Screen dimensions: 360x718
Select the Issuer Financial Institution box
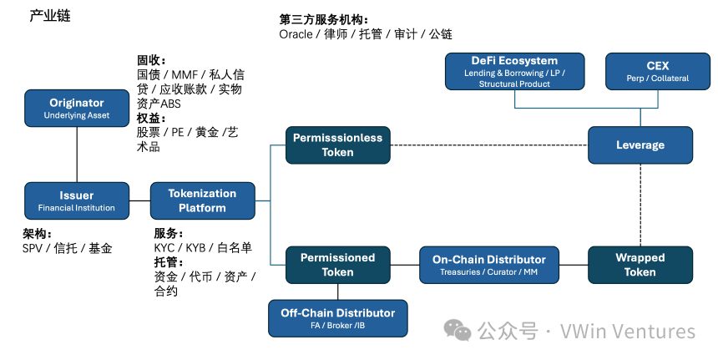[x=77, y=201]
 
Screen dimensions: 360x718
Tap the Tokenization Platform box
[x=202, y=200]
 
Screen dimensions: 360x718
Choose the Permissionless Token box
[x=337, y=145]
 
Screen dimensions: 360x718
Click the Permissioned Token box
[x=337, y=265]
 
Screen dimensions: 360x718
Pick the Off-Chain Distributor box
[x=337, y=317]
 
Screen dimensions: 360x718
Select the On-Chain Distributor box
[x=488, y=265]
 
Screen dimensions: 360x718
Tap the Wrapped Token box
[x=640, y=265]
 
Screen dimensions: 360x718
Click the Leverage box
[x=640, y=145]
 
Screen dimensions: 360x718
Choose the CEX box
[x=657, y=72]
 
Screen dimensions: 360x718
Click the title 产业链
[x=50, y=15]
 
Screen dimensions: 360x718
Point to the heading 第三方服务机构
[x=324, y=19]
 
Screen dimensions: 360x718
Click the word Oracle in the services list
[x=296, y=34]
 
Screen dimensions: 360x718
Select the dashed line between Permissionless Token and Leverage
[x=488, y=145]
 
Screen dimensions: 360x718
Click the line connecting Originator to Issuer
[x=77, y=155]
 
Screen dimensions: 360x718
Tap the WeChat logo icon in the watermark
[x=458, y=331]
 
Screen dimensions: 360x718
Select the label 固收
[x=150, y=60]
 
